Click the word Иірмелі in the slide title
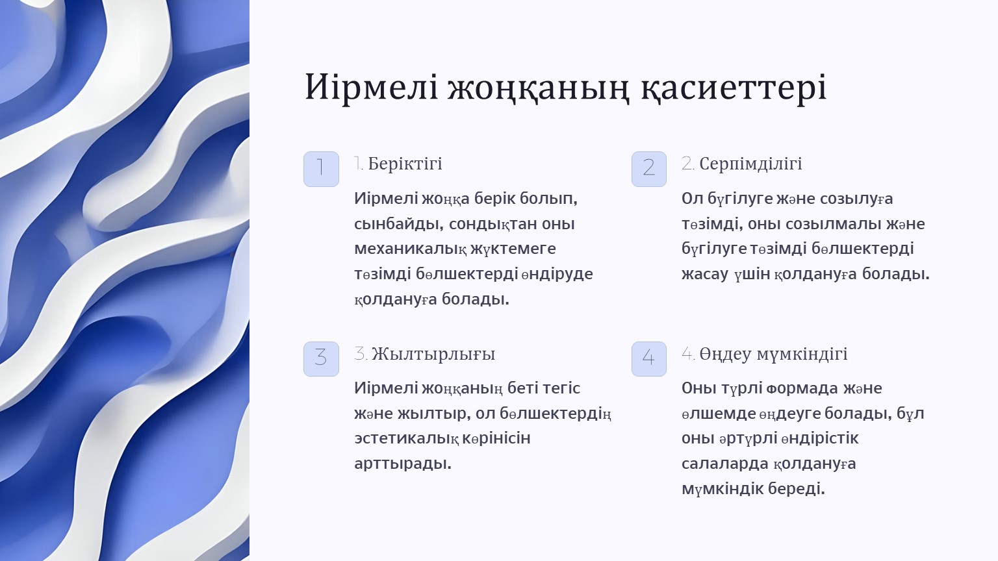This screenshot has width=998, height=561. coord(372,86)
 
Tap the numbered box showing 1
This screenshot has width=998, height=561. coord(321,169)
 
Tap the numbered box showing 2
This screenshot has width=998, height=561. coord(648,169)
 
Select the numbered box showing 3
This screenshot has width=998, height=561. coord(321,359)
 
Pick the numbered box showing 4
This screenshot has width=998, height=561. coord(648,359)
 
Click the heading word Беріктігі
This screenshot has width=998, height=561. coord(405,164)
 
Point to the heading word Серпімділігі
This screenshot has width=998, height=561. coord(750,164)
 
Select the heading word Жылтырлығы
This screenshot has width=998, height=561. coord(433,355)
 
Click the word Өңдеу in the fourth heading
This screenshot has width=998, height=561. coord(724,355)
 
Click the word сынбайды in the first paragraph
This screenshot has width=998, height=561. coord(399,224)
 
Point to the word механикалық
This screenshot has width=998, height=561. coord(411,249)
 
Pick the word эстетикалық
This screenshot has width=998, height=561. coord(406,438)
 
